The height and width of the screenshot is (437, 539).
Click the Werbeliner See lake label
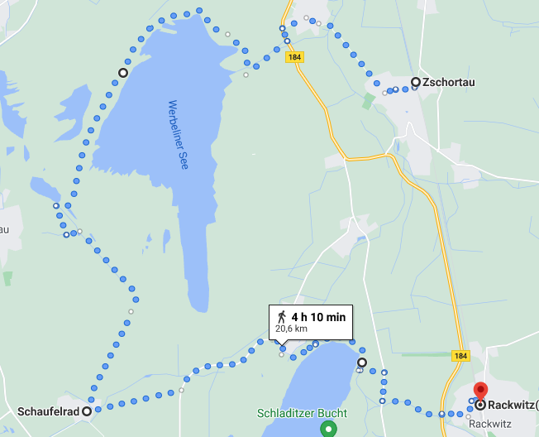(x=178, y=135)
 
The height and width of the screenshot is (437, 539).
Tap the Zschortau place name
(x=448, y=82)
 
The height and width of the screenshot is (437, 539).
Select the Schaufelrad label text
(x=48, y=411)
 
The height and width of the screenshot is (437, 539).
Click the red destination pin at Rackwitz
(x=479, y=390)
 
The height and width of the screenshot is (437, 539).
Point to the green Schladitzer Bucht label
(x=302, y=413)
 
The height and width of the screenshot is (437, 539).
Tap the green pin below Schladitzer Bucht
(x=329, y=429)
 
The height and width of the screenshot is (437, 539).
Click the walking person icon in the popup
(x=282, y=316)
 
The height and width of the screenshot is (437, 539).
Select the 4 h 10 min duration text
(x=318, y=316)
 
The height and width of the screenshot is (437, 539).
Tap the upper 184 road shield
(x=295, y=57)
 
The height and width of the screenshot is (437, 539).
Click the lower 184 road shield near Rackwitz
(x=461, y=355)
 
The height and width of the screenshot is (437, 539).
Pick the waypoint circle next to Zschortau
(x=416, y=82)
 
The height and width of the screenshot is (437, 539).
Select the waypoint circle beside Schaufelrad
(x=87, y=411)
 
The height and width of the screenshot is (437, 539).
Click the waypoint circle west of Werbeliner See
(x=123, y=73)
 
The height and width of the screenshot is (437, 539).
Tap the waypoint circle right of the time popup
(x=361, y=363)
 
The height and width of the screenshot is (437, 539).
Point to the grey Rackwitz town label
(x=490, y=423)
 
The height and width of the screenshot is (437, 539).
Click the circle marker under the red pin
(x=479, y=405)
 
